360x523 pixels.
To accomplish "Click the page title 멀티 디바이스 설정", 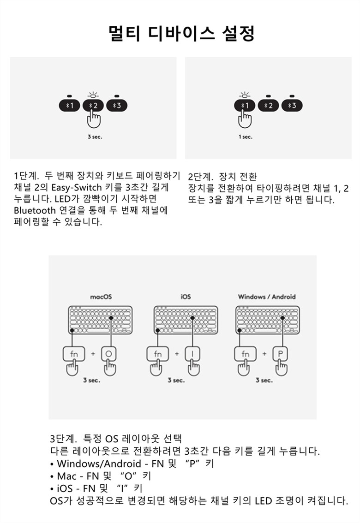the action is coord(182,33).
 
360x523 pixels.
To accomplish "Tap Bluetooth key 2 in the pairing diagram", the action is coord(93,106).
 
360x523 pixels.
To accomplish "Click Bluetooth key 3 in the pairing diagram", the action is coord(117,106).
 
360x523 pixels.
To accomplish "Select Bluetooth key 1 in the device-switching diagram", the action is coord(245,106).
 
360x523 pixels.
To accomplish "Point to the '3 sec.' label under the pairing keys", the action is coord(95,137).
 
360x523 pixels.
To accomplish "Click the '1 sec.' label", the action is coord(246,137).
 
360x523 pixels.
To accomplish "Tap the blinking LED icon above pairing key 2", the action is coord(93,95).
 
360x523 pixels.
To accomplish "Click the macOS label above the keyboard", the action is coord(101,297).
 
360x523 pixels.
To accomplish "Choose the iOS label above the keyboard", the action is coord(186,297).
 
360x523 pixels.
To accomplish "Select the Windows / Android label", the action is coord(267,297).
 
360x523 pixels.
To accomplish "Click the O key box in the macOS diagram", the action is coord(109,354).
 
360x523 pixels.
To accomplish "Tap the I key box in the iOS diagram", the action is coord(193,354).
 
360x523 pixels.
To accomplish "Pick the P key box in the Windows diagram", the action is coord(280,354).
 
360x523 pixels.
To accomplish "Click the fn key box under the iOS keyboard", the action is coord(157,354).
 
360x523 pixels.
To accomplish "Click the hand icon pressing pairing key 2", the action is coord(94,119).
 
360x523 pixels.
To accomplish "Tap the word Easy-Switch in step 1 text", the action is coord(77,187).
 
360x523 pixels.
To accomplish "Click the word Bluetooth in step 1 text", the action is coord(35,210).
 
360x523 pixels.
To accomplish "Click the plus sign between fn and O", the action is coord(93,354).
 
